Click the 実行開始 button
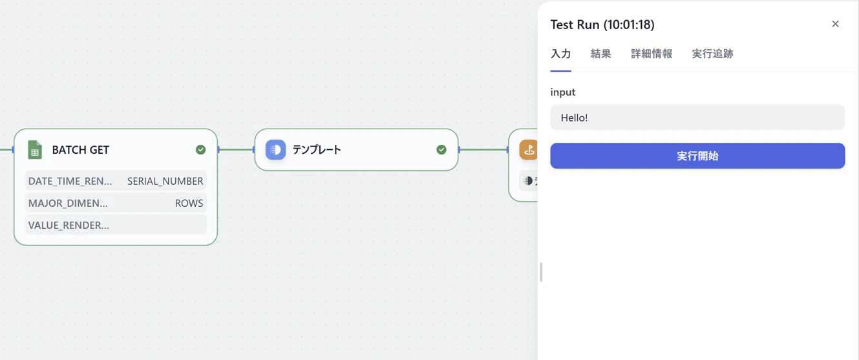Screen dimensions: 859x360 point(697,156)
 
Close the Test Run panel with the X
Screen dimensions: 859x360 point(835,24)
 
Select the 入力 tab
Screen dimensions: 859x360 point(560,54)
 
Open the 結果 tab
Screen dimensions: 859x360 point(600,54)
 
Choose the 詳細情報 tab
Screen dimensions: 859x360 point(652,54)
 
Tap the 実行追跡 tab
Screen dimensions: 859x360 point(712,54)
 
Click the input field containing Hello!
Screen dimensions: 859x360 point(697,118)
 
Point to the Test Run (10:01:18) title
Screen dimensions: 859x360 point(602,25)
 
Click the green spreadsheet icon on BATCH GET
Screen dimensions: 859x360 point(35,149)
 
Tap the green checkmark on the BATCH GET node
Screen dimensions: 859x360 point(200,149)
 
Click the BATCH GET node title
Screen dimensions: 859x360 point(81,150)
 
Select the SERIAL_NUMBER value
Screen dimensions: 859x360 point(165,181)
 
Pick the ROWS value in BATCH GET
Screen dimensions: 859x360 point(189,203)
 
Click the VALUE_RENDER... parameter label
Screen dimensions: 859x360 point(69,225)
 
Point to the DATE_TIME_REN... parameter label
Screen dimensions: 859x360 point(70,181)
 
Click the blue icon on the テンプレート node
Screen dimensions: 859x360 point(276,149)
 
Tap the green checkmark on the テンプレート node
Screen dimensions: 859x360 point(441,149)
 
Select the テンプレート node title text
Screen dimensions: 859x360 point(317,149)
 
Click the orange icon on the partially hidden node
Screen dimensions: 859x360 point(529,149)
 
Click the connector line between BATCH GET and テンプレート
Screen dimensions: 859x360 point(236,149)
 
